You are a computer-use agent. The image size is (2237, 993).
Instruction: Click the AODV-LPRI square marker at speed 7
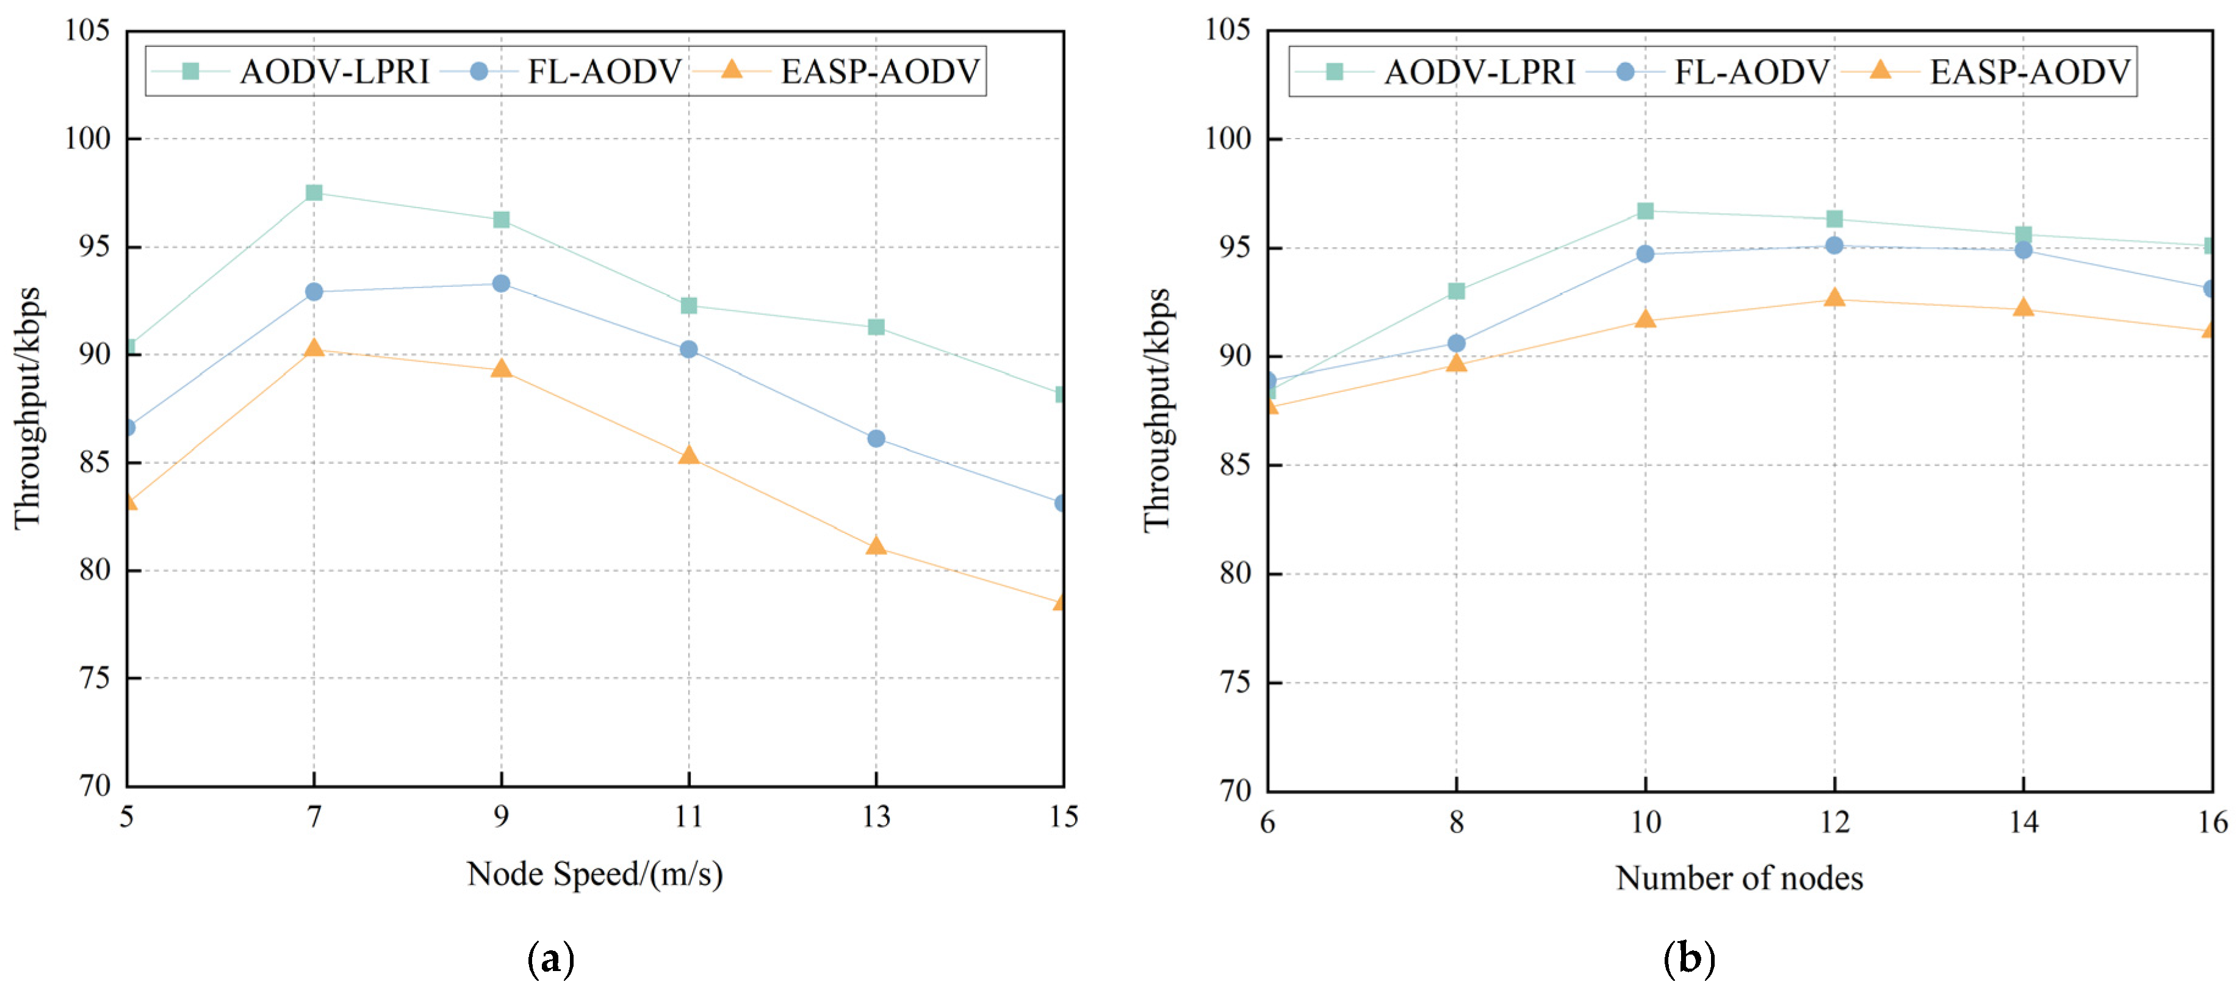pos(314,192)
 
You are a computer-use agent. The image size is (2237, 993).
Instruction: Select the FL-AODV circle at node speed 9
pos(501,283)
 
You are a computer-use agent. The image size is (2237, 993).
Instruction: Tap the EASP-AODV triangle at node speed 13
pos(876,546)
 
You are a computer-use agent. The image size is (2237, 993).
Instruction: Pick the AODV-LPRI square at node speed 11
pos(689,305)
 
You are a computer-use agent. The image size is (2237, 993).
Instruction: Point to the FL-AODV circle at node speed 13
pos(876,439)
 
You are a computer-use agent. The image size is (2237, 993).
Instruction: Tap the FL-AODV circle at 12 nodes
pos(1834,245)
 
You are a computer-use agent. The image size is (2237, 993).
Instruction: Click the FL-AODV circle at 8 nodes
pos(1457,343)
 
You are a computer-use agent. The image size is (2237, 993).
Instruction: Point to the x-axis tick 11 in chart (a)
pos(689,816)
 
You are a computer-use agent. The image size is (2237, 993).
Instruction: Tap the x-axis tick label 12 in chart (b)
pos(1834,821)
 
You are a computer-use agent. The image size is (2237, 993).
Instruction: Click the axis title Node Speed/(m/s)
pos(595,874)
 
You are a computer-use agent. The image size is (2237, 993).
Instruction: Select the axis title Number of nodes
pos(1740,878)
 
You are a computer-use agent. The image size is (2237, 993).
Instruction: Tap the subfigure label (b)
pos(1689,958)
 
